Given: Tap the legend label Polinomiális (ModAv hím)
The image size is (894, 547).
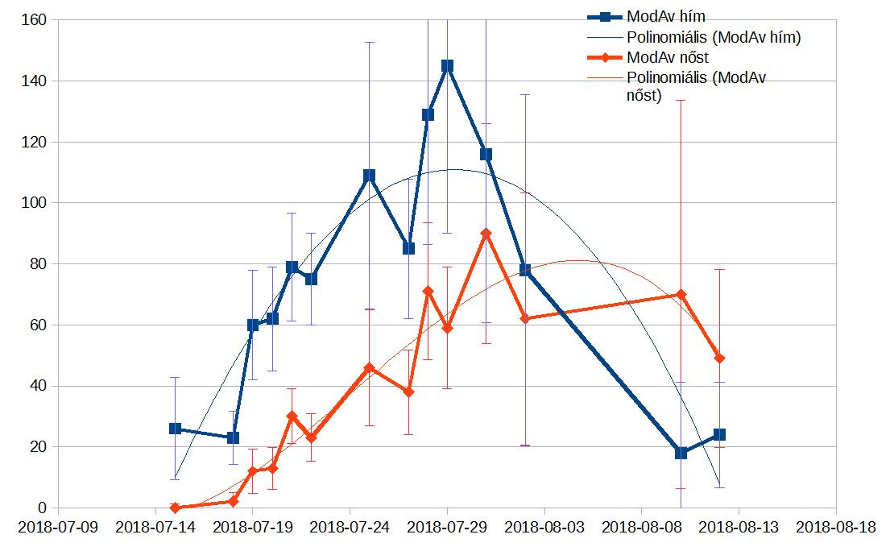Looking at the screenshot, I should (713, 37).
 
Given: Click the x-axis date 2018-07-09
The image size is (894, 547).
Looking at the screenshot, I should (59, 528).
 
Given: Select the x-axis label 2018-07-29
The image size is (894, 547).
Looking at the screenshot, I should (447, 528).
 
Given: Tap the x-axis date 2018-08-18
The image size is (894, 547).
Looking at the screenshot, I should (835, 528).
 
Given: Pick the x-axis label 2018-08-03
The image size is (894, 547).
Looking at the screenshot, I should (544, 528).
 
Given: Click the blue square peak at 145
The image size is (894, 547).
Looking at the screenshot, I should (447, 66).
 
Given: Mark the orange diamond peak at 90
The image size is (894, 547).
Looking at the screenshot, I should (486, 234).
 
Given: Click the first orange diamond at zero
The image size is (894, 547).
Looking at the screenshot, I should (175, 508).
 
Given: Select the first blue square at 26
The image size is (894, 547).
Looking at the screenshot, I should (175, 429).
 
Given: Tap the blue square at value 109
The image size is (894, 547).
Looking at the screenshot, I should (369, 176).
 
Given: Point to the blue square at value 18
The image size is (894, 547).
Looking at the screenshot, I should (681, 453).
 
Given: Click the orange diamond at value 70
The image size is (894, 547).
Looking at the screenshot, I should (681, 295).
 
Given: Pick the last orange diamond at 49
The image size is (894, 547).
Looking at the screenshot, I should (719, 358).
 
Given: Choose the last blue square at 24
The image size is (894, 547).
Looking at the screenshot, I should (719, 435).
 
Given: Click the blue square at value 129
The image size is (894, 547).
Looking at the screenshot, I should (428, 114).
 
